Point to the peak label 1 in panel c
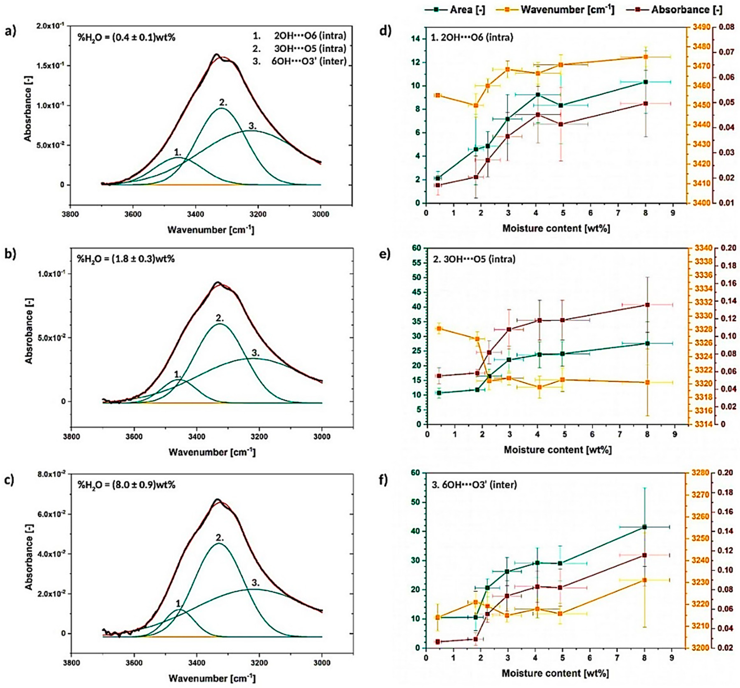point(178,603)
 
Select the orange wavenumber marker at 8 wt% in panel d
point(646,57)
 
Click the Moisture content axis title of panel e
point(558,449)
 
